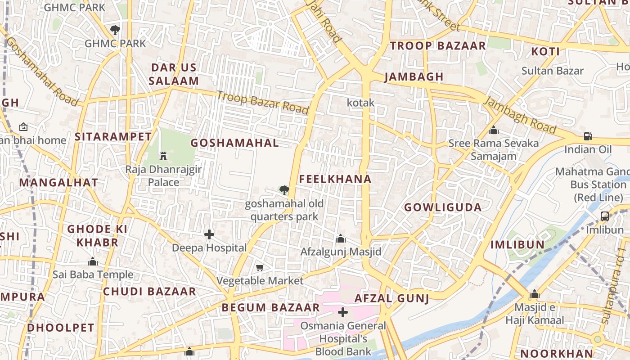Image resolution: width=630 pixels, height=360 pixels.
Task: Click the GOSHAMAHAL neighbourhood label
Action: pyautogui.click(x=234, y=143)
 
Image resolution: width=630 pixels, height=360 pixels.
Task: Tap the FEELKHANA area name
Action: pyautogui.click(x=335, y=179)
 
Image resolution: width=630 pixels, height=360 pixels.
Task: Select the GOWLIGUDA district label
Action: pyautogui.click(x=443, y=207)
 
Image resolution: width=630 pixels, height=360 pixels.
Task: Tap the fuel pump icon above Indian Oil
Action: pyautogui.click(x=588, y=136)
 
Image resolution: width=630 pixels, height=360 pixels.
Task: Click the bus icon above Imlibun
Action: pyautogui.click(x=605, y=216)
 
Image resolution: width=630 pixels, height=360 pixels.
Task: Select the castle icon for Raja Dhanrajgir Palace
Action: pyautogui.click(x=163, y=156)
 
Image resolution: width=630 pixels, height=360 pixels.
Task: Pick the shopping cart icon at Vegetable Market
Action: pyautogui.click(x=260, y=268)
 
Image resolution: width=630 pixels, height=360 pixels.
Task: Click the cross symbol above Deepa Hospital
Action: pyautogui.click(x=209, y=234)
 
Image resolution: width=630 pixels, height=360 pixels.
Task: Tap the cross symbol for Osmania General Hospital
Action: pyautogui.click(x=343, y=312)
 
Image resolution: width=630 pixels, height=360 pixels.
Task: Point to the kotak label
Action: pyautogui.click(x=360, y=103)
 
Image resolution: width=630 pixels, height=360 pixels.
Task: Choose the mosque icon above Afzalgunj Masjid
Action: pyautogui.click(x=341, y=238)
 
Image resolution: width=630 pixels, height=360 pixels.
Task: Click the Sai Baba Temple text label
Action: pyautogui.click(x=93, y=274)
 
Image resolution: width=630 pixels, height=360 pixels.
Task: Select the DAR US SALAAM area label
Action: pyautogui.click(x=174, y=74)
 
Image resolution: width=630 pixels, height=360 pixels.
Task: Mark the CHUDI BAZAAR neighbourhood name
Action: pyautogui.click(x=149, y=292)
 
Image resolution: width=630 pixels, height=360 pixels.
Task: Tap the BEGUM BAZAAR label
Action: pyautogui.click(x=270, y=308)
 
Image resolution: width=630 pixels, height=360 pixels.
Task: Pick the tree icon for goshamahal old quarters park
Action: pyautogui.click(x=284, y=190)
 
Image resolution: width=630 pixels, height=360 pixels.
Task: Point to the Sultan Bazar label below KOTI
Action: pyautogui.click(x=552, y=71)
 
